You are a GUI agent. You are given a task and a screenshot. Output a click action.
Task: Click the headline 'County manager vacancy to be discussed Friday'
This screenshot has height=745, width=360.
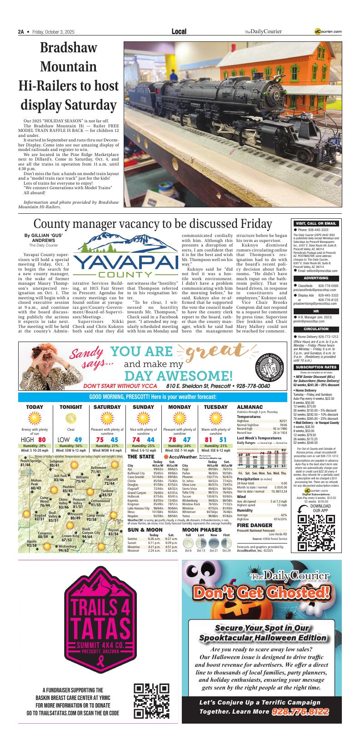[x=153, y=224]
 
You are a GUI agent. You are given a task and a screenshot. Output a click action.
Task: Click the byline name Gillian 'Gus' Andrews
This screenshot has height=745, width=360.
[x=40, y=237]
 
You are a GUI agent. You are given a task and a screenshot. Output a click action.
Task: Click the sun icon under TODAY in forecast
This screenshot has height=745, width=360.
[x=35, y=418]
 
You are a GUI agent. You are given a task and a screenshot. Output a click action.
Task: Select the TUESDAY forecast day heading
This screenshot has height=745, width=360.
[x=215, y=407]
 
